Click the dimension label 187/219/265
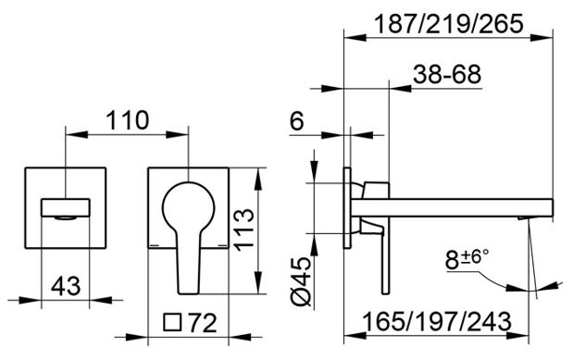tap(449, 24)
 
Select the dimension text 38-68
tap(447, 74)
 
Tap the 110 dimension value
tap(128, 120)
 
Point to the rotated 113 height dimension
tap(243, 230)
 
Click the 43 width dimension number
tap(66, 286)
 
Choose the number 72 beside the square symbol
tap(202, 323)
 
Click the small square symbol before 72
tap(172, 322)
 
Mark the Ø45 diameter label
tap(301, 281)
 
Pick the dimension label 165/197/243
tap(437, 322)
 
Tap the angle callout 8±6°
tap(467, 259)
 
